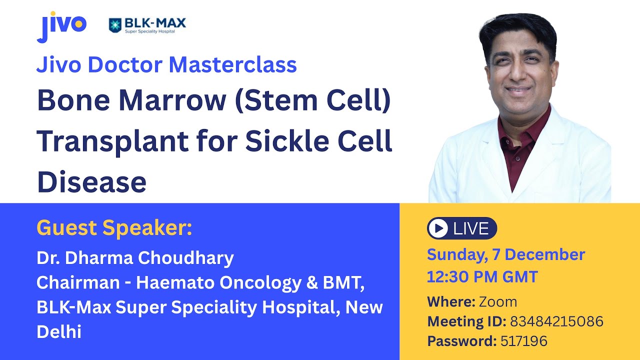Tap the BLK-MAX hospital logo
(147, 25)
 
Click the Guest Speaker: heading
(114, 228)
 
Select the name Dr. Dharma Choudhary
(135, 258)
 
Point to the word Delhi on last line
(59, 331)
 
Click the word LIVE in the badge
(470, 228)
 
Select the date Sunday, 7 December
(505, 254)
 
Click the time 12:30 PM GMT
(482, 276)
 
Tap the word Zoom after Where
(497, 302)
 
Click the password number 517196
(523, 341)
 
